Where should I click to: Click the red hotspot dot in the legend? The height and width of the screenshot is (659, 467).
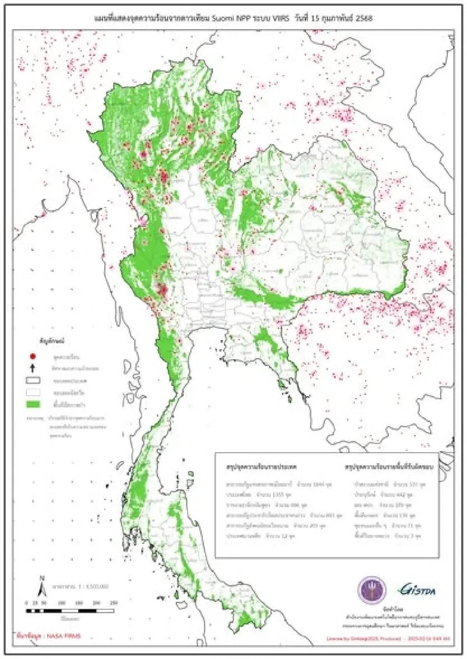click(33, 356)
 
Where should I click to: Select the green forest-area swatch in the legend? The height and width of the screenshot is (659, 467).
click(33, 404)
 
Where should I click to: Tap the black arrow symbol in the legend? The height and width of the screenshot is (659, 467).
click(33, 368)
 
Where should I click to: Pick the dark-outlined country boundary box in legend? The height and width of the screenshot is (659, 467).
click(33, 380)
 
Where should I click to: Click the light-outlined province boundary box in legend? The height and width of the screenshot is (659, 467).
click(33, 392)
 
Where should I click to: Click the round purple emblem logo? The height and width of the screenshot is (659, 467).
click(372, 591)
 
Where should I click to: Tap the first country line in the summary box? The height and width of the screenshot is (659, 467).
click(278, 485)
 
